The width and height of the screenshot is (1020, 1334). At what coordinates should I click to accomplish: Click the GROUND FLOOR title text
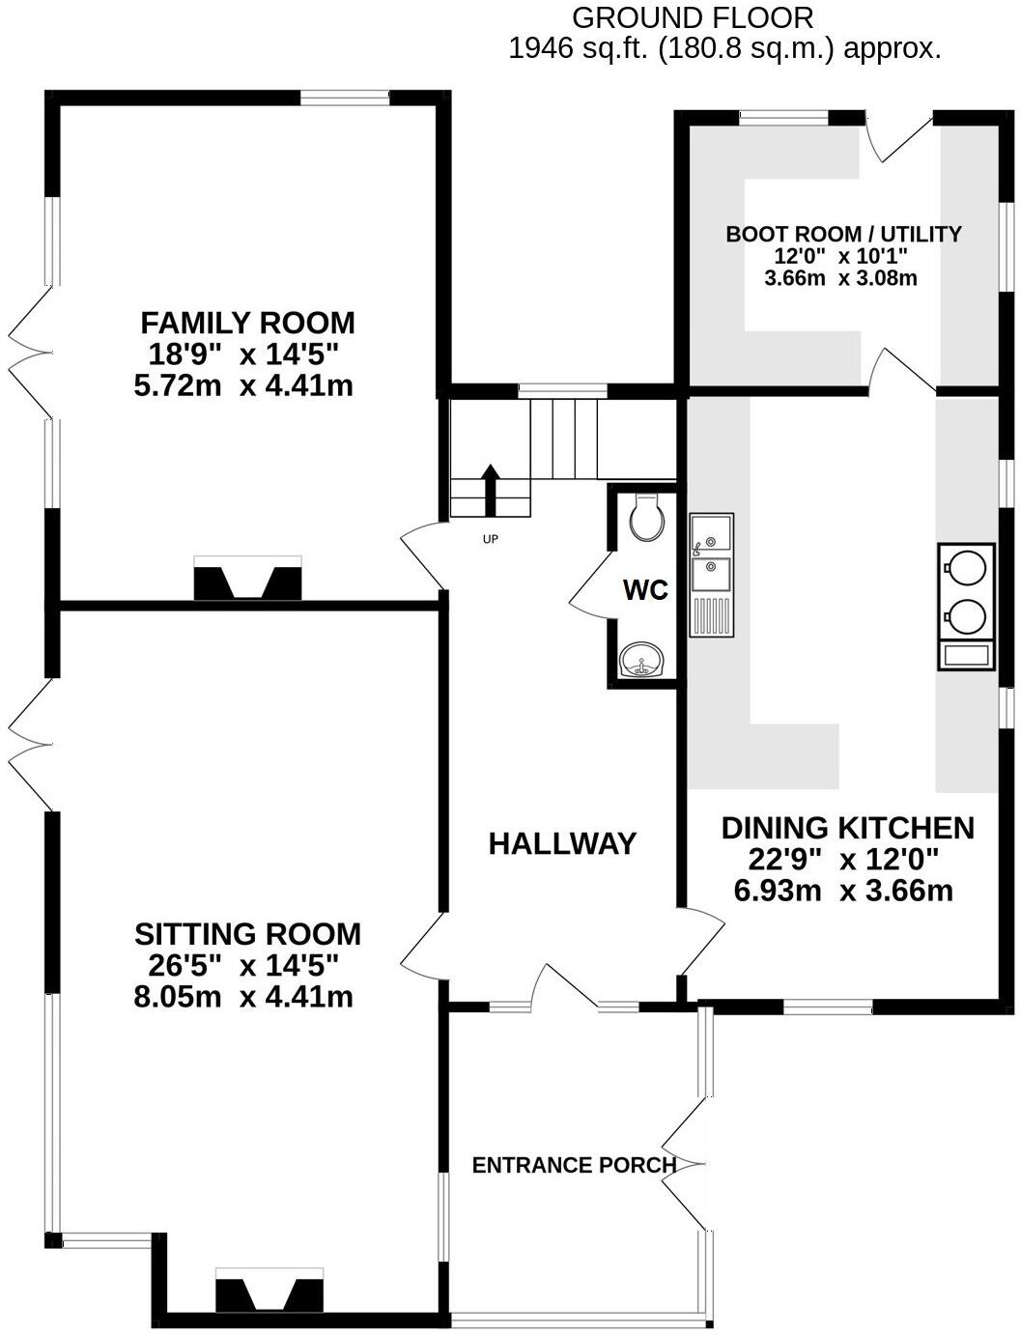point(692,17)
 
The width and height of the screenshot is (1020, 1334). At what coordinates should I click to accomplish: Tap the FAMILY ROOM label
point(247,323)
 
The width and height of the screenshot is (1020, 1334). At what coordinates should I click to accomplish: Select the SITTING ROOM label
point(247,934)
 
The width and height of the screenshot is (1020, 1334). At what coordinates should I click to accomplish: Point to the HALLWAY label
point(562,844)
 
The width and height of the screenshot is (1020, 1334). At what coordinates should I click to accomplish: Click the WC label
point(645,590)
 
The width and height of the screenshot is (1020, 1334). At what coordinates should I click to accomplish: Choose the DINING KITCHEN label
point(847,828)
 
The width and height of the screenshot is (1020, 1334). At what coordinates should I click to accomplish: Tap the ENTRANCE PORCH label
point(574,1166)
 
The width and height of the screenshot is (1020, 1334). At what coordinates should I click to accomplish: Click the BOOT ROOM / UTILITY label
point(843,234)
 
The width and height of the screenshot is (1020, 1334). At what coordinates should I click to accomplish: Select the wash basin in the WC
point(642,662)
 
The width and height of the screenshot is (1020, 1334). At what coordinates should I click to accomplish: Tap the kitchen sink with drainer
point(712,575)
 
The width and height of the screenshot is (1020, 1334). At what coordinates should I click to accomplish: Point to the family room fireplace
point(248,581)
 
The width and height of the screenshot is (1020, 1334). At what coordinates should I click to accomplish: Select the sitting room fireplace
point(269,1292)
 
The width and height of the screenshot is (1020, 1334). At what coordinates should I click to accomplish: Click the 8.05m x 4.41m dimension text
point(243,997)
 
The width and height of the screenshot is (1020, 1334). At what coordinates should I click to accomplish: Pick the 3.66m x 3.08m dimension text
point(840,279)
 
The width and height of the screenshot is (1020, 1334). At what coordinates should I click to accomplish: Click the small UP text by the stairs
point(490,539)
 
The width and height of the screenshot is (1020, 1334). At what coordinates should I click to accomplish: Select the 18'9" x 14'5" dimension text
point(243,355)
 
